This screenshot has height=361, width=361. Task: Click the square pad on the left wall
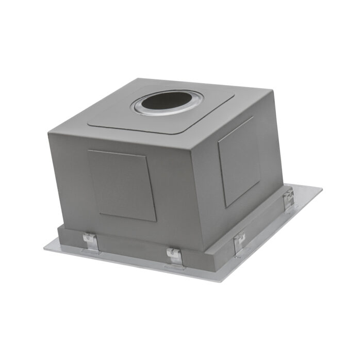click(122, 185)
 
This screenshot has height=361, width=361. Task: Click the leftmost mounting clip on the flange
click(89, 242)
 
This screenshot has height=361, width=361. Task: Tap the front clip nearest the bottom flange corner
click(174, 257)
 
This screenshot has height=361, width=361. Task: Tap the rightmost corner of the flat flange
click(322, 188)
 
